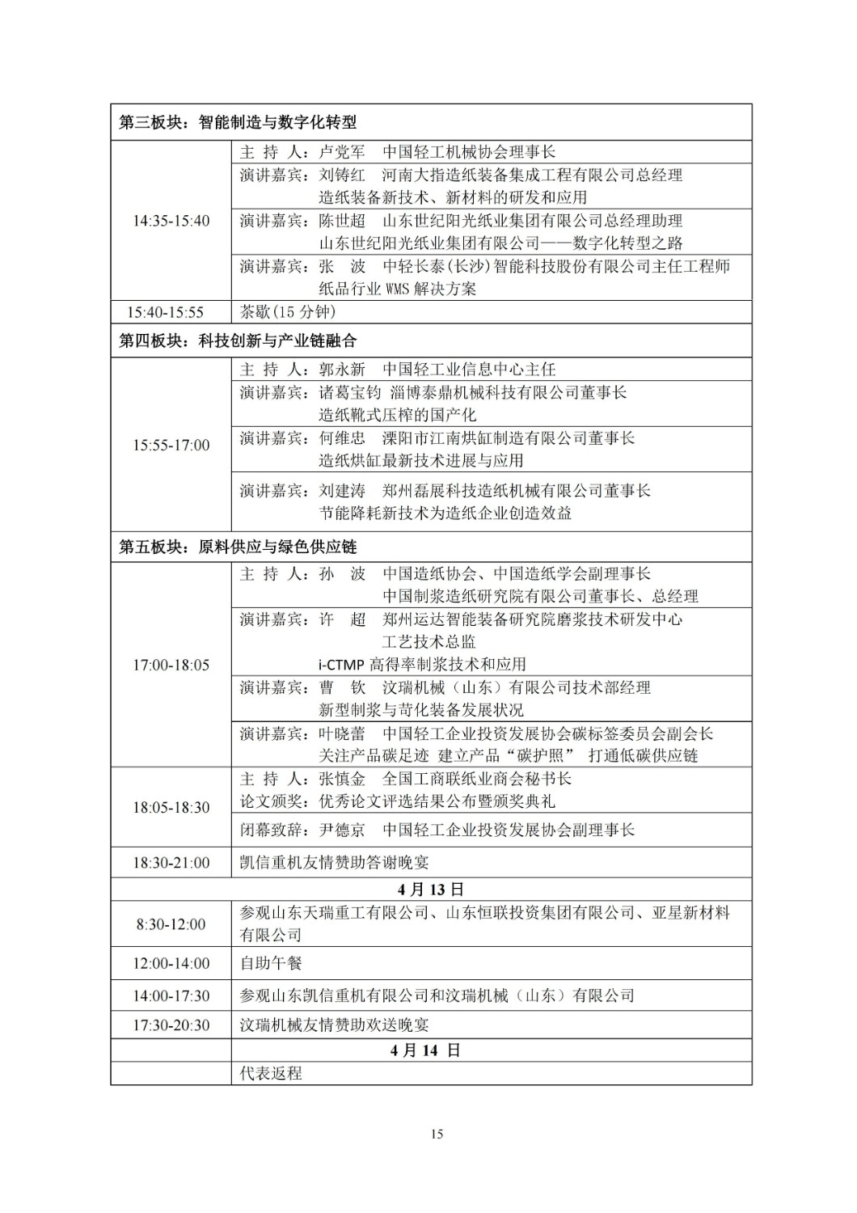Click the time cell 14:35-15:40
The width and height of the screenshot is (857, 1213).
(x=171, y=221)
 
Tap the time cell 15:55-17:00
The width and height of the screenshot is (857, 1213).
(x=171, y=445)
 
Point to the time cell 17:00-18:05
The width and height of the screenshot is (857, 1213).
(x=171, y=665)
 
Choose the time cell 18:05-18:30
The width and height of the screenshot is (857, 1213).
(x=171, y=807)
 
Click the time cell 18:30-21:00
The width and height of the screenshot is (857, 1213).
(x=171, y=863)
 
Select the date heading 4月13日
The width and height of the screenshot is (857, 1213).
(x=431, y=890)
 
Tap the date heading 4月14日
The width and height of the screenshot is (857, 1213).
(x=424, y=1050)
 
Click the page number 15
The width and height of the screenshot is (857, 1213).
(x=437, y=1134)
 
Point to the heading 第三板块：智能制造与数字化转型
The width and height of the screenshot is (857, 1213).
(x=238, y=123)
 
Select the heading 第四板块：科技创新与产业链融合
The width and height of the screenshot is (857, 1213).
(x=238, y=341)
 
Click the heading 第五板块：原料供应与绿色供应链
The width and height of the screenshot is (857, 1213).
(x=238, y=547)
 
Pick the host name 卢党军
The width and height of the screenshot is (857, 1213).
(x=342, y=152)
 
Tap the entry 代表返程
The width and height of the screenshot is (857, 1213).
(x=270, y=1073)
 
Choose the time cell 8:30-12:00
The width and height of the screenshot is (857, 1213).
(x=171, y=924)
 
